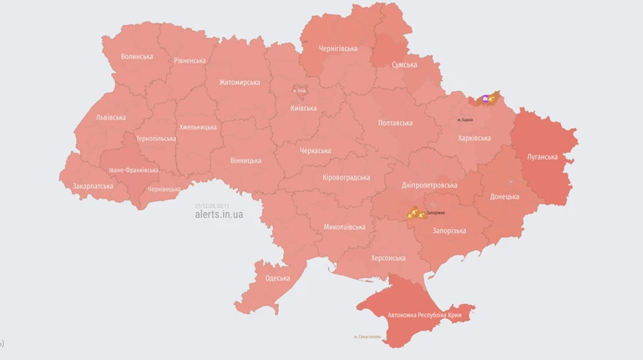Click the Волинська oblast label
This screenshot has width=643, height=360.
[137, 57]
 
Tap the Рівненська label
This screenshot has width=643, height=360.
[190, 61]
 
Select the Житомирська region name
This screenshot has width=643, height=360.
[239, 83]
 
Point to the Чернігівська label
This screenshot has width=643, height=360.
[338, 48]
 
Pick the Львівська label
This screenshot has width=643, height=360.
[111, 118]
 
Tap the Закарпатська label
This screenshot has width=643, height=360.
[93, 186]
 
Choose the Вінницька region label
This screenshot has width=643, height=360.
[246, 160]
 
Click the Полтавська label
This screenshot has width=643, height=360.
[395, 124]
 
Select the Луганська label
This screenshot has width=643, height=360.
[542, 156]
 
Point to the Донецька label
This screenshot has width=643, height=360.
[504, 197]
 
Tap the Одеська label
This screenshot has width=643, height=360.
[277, 278]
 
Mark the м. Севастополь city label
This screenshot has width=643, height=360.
[368, 337]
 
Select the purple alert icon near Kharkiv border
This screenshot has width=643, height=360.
[486, 99]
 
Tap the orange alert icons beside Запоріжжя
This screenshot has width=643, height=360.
[415, 213]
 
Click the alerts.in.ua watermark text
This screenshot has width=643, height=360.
[219, 215]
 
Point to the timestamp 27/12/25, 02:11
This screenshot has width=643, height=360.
[212, 205]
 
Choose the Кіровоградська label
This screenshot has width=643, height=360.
[346, 178]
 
